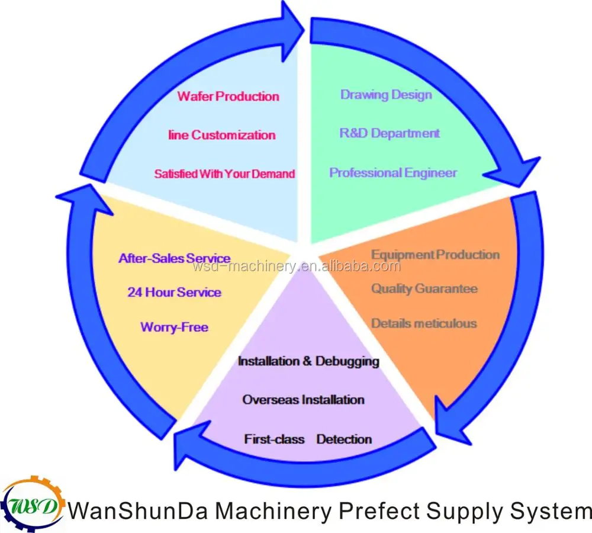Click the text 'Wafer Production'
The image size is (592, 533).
click(x=228, y=96)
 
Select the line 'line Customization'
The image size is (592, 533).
click(x=222, y=135)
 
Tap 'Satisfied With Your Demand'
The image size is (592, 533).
click(x=224, y=174)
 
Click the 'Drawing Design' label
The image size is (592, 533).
click(x=386, y=95)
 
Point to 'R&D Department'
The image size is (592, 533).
click(x=390, y=133)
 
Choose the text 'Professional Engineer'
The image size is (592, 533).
click(x=393, y=173)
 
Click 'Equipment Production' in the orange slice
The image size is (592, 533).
click(x=435, y=255)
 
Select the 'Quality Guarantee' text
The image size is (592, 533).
click(x=424, y=289)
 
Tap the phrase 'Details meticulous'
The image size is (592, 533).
click(x=424, y=323)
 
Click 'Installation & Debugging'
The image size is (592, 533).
click(x=308, y=361)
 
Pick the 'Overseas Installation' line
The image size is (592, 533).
click(x=303, y=400)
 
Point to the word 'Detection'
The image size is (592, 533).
click(x=344, y=439)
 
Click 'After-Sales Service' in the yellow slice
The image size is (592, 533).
click(x=174, y=258)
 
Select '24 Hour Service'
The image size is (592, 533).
click(x=174, y=293)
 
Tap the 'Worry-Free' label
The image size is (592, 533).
click(x=174, y=327)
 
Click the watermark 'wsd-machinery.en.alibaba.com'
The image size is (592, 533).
click(x=297, y=266)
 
